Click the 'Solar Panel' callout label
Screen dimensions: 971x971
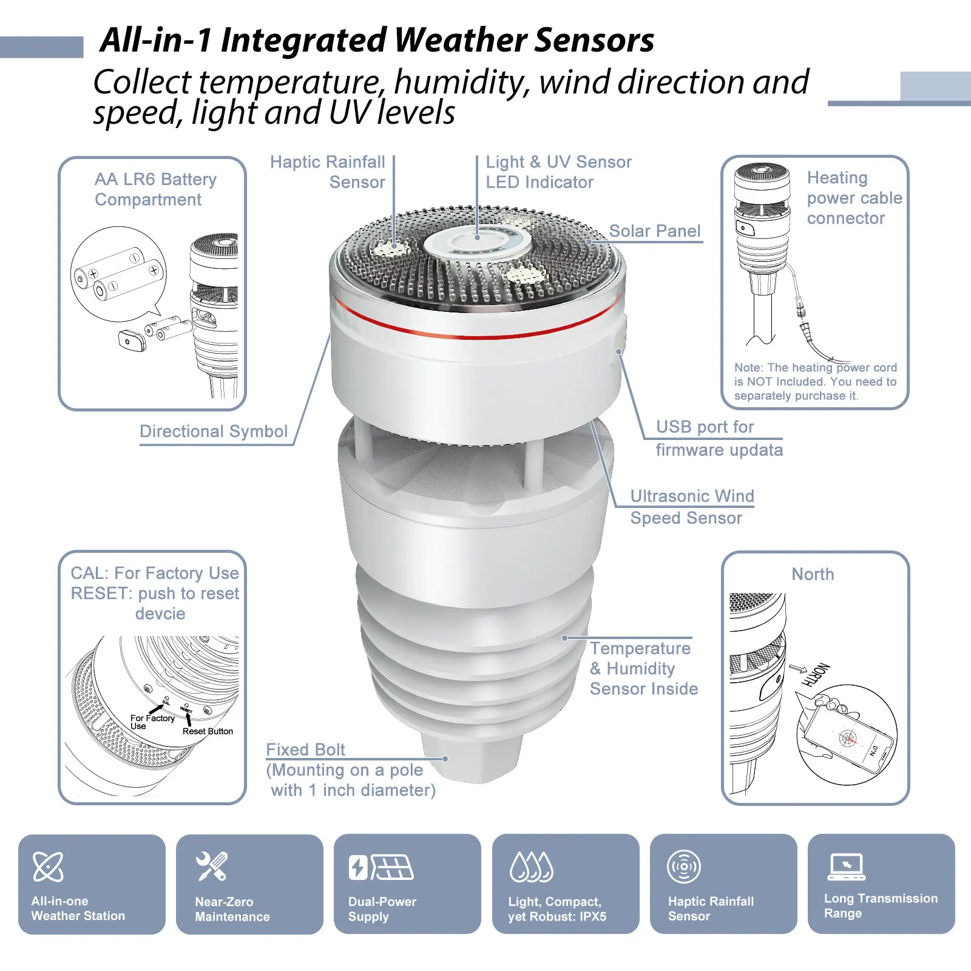point(654,231)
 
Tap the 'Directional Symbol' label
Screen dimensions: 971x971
point(214,431)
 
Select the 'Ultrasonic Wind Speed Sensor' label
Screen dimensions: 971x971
point(692,507)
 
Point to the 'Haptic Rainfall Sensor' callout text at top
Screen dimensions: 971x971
point(328,172)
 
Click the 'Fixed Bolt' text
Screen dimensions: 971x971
point(305,750)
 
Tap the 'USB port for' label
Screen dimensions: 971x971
point(705,427)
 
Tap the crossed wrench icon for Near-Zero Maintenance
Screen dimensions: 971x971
point(212,866)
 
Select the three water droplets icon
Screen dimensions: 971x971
point(532,866)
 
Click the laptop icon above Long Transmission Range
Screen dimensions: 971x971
point(847,867)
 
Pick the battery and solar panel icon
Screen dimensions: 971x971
point(381,867)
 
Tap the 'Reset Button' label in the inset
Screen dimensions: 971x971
point(208,731)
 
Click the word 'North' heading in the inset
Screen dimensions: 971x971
point(813,574)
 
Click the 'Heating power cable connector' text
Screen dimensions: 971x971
point(854,198)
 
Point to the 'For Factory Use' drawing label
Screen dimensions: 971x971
point(152,722)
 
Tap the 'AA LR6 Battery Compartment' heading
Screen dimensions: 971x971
point(155,189)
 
